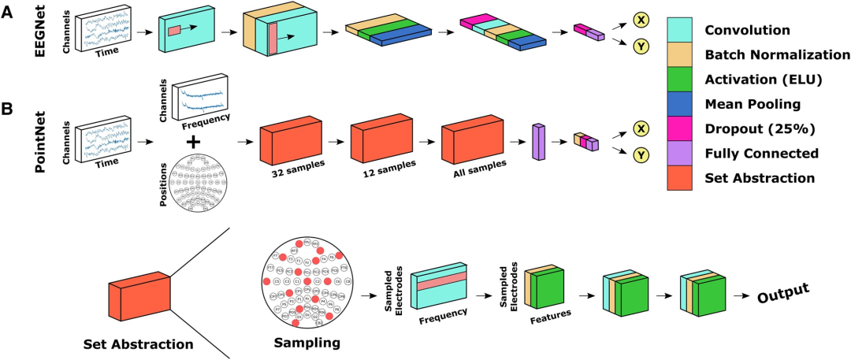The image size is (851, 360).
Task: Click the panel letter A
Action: [x=8, y=13]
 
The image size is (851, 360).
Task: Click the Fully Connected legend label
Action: [x=762, y=153]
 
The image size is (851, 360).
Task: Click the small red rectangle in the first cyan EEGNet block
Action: [x=174, y=31]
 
